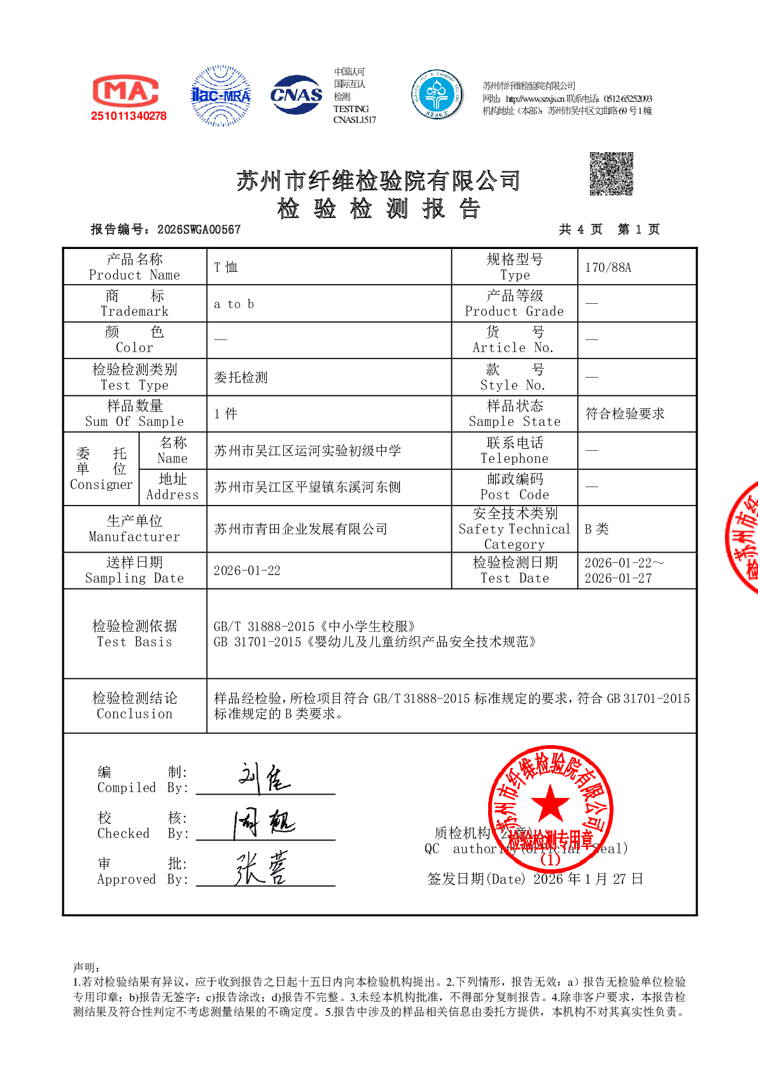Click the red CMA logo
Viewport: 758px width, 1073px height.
[126, 92]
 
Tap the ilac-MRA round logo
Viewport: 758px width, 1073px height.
[221, 96]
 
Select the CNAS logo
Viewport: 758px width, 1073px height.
[297, 95]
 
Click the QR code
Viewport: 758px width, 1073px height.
[611, 174]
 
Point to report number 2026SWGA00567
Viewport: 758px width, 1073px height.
[199, 230]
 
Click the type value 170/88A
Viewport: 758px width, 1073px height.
[608, 267]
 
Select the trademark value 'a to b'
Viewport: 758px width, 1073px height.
[234, 304]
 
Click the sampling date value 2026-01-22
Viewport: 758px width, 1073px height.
[247, 571]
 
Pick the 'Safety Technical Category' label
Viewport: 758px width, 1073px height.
[514, 529]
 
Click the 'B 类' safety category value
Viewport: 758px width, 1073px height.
[596, 529]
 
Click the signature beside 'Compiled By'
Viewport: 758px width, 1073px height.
[264, 778]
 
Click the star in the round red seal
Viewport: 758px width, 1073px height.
[550, 804]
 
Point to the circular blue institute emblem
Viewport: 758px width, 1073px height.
[437, 94]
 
